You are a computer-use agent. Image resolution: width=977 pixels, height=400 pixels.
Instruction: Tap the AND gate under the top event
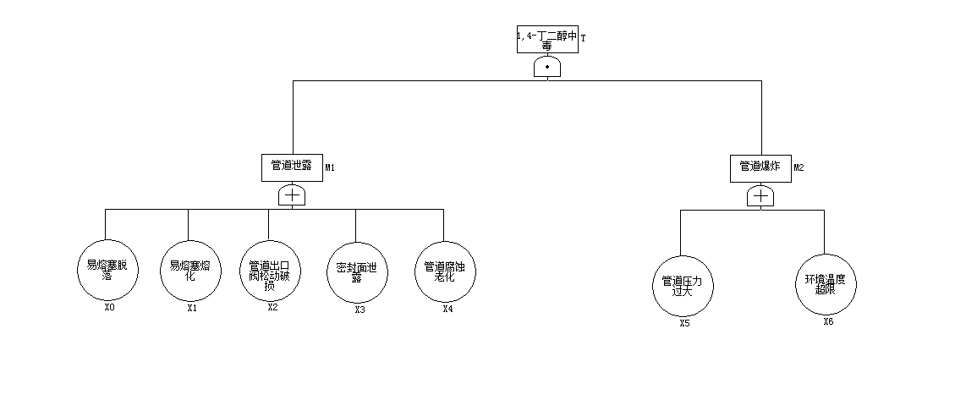pos(548,67)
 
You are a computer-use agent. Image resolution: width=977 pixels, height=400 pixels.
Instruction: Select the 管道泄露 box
pos(292,167)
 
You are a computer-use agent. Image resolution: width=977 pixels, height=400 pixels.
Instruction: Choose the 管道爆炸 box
pos(760,167)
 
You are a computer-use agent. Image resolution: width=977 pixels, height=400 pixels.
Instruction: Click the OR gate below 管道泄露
pos(292,195)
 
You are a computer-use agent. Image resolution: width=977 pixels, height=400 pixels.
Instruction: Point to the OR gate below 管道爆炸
pos(760,196)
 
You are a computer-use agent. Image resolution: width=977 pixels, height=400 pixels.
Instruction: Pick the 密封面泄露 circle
pos(356,272)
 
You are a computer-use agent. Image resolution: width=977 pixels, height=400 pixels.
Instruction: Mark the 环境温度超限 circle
pos(825,285)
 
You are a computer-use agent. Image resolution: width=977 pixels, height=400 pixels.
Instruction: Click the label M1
pos(331,167)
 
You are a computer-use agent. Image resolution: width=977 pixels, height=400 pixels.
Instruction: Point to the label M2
pos(799,167)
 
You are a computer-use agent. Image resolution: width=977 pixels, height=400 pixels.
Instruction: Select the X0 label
pos(109,308)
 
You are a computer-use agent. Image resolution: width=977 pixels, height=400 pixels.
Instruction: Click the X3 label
pos(360,310)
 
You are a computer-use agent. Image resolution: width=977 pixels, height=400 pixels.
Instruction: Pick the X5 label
pos(684,323)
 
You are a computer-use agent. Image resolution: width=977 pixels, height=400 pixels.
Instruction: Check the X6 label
pos(828,321)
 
